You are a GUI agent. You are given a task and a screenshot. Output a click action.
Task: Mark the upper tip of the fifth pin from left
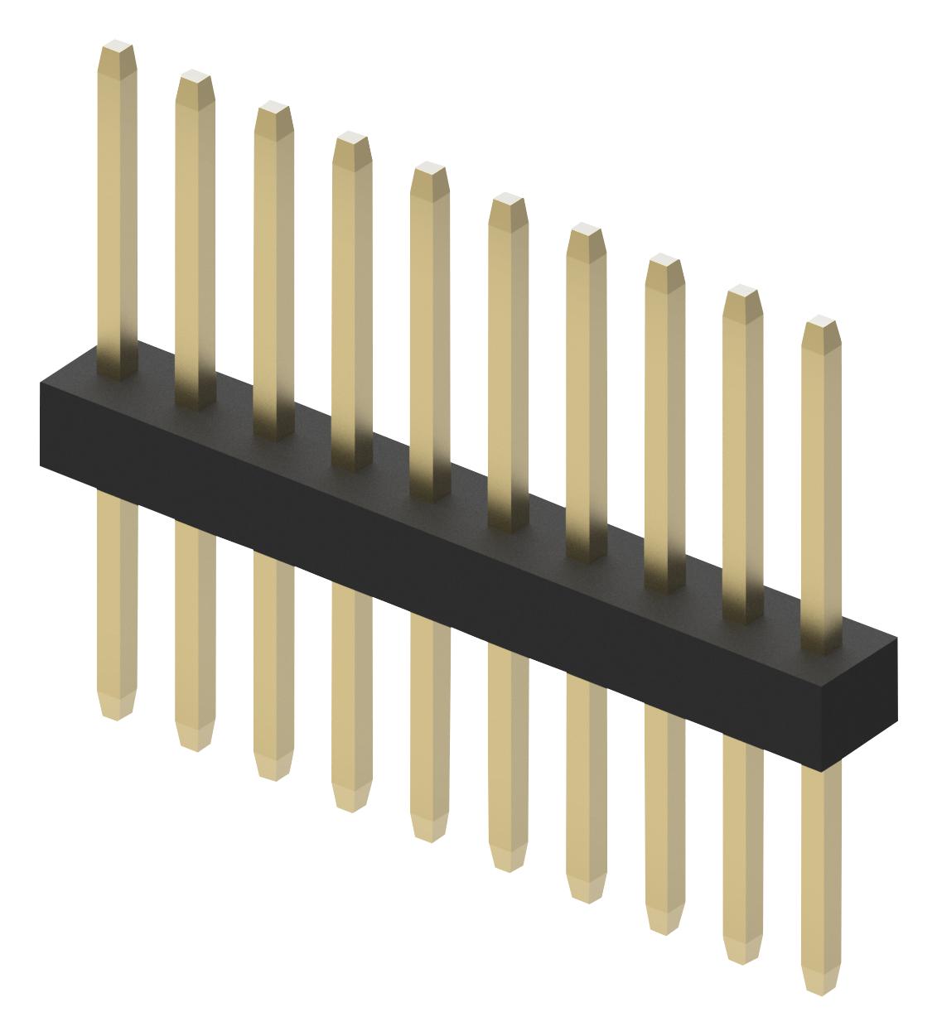(x=430, y=169)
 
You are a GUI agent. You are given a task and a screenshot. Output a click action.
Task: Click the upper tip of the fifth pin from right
(x=508, y=200)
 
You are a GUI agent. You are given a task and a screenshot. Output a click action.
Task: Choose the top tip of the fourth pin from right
(x=587, y=230)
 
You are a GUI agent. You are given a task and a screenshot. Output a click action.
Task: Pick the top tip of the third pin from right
(x=664, y=260)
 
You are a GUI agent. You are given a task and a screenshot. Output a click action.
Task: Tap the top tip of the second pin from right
(x=743, y=292)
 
